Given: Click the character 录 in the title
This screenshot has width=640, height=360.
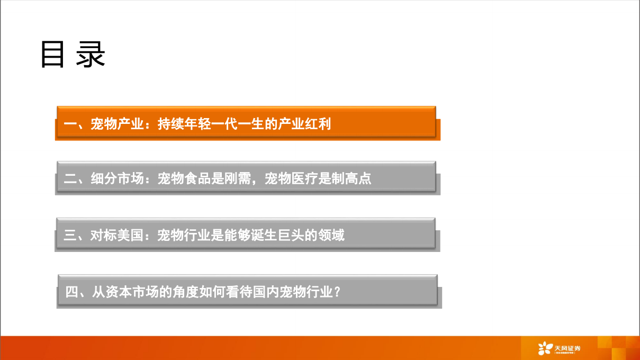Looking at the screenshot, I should pos(91,55).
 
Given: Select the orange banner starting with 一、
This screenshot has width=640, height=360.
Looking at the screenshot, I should pos(247,123).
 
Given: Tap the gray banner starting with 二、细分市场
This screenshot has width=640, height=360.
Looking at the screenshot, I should pos(247,177).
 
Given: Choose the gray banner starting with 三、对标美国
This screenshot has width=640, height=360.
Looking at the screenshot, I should pos(247,234).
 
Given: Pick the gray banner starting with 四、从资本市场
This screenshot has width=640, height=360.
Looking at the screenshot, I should pos(248,291).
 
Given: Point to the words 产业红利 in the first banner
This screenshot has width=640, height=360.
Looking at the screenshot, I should pos(305,124).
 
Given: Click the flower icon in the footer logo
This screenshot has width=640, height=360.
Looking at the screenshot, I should pos(545,348).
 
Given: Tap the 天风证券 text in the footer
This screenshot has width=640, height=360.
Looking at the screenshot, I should pos(567,347).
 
